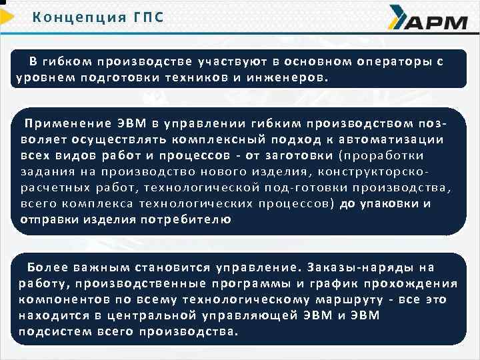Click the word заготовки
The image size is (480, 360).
(299, 155)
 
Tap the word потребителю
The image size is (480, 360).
(193, 219)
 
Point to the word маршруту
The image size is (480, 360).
(354, 300)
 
